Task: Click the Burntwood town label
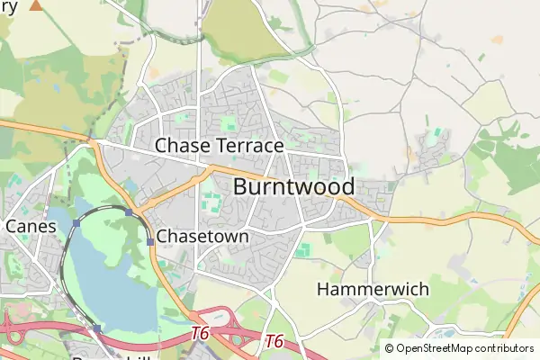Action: click(x=293, y=187)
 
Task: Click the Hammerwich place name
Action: click(x=373, y=290)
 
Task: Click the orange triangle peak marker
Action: click(x=36, y=5)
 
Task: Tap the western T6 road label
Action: click(x=200, y=334)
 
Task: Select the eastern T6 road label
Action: click(x=274, y=342)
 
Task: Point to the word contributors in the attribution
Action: click(x=505, y=348)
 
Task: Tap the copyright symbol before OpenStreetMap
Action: click(x=389, y=348)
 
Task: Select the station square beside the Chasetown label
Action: click(x=149, y=241)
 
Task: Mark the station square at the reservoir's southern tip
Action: click(x=96, y=329)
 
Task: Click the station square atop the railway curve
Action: click(x=130, y=212)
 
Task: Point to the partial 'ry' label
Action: click(x=9, y=6)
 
